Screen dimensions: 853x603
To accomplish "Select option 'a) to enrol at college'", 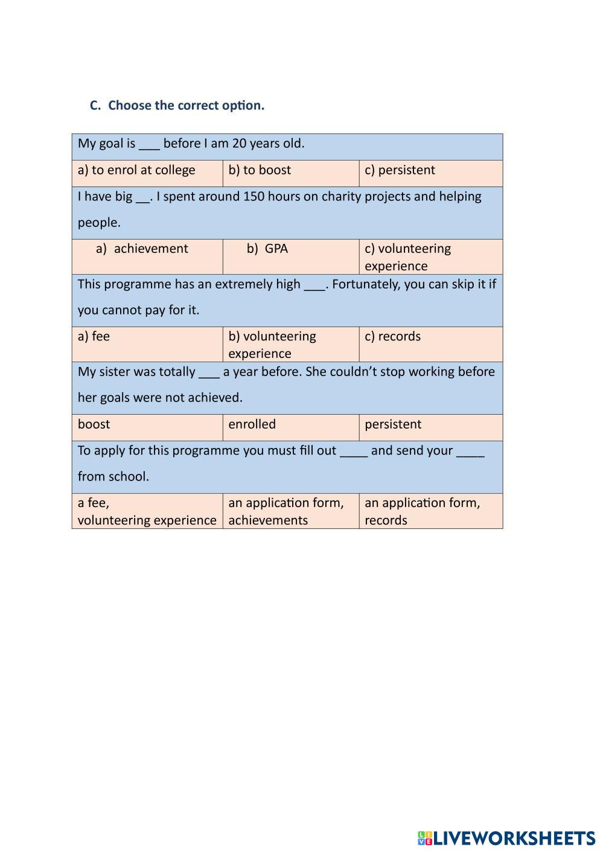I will (x=136, y=170).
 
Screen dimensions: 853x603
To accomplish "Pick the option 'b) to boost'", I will (x=260, y=170).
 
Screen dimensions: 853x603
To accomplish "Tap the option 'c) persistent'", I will (x=400, y=170).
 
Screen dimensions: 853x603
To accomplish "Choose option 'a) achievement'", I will (x=142, y=249).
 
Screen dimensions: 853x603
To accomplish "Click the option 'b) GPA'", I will (x=267, y=249).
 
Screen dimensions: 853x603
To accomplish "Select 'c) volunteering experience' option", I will (x=407, y=257).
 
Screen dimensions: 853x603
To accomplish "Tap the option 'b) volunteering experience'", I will (x=272, y=345).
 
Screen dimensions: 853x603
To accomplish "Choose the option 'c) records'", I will (x=392, y=336).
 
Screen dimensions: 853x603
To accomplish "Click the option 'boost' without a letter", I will (x=94, y=424).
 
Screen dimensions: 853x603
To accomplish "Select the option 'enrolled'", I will (x=252, y=424).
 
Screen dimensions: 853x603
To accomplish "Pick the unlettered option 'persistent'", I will (x=393, y=424).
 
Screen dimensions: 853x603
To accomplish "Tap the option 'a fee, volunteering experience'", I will (x=147, y=511).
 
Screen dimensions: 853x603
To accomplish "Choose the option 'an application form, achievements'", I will (x=286, y=511).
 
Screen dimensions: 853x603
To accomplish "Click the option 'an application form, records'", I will (x=422, y=511).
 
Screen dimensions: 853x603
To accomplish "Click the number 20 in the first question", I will (x=239, y=144).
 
